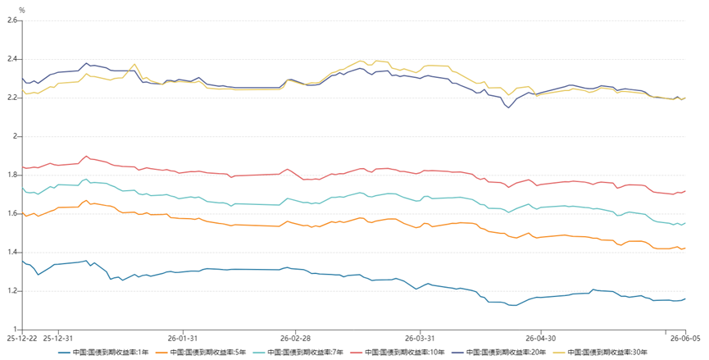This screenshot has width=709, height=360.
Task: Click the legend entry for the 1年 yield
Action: pos(103,352)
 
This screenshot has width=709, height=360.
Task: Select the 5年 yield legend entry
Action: pos(200,352)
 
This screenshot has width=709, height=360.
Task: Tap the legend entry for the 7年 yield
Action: pos(298,352)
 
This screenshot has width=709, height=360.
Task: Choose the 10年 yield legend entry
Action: pos(397,352)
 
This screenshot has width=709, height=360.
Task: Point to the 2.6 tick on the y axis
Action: pos(12,21)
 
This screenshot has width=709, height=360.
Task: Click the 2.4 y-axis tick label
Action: pos(12,59)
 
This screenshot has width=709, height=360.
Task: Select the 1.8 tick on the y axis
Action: pos(12,175)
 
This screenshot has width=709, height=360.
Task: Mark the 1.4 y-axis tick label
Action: pos(12,253)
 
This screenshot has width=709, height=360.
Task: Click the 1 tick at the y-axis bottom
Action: pos(16,330)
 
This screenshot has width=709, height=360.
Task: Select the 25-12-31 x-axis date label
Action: pos(58,338)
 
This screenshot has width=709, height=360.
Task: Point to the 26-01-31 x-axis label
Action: pos(183,338)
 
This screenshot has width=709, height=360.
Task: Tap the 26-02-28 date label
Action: pos(295,338)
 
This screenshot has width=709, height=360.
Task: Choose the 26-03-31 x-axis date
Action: pos(420,338)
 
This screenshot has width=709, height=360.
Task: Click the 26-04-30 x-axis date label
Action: pos(541,338)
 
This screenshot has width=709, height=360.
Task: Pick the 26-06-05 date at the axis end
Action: pos(685,338)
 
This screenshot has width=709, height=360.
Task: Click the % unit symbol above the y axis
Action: pos(21,11)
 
